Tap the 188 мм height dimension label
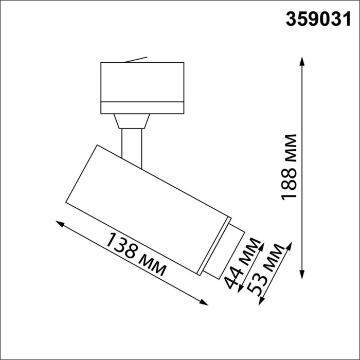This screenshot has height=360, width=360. (x=290, y=167)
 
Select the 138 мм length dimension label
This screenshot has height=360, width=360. (x=136, y=254)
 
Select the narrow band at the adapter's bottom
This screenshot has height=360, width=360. (x=142, y=107)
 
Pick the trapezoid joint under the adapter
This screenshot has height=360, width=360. (x=132, y=121)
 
